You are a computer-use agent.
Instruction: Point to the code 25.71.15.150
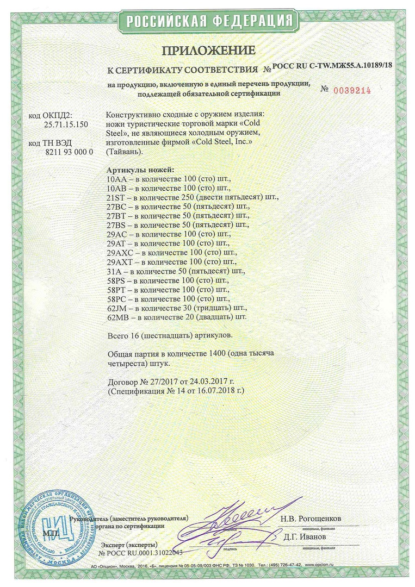point(65,124)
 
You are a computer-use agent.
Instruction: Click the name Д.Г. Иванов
point(303,536)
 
